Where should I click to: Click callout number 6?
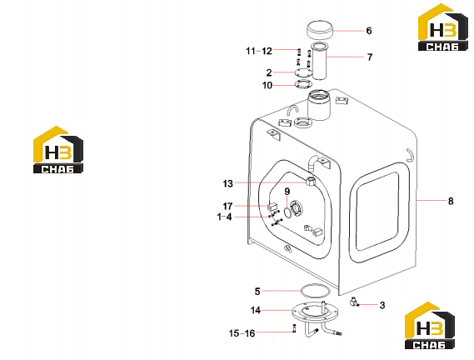pyautogui.click(x=369, y=31)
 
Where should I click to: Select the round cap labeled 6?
pyautogui.click(x=320, y=30)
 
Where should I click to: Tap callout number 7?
pyautogui.click(x=370, y=57)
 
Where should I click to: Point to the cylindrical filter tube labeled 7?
pyautogui.click(x=320, y=62)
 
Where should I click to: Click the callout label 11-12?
pyautogui.click(x=259, y=51)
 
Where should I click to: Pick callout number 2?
pyautogui.click(x=269, y=72)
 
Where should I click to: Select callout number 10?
pyautogui.click(x=267, y=86)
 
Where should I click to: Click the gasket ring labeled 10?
pyautogui.click(x=303, y=84)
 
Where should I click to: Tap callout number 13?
pyautogui.click(x=228, y=183)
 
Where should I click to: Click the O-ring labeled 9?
pyautogui.click(x=287, y=212)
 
